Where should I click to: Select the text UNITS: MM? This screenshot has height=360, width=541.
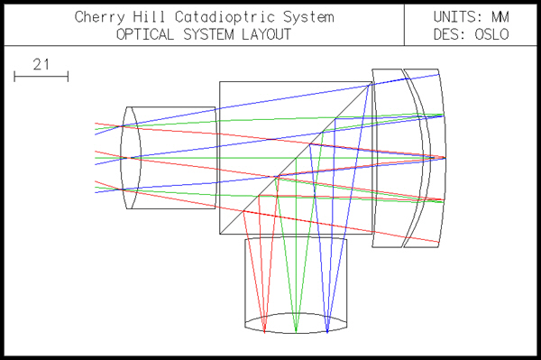coord(471,17)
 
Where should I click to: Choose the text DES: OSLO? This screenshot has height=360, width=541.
coord(471,35)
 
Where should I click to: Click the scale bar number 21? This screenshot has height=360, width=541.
coord(41,64)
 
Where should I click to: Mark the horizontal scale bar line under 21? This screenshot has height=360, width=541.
coord(41,78)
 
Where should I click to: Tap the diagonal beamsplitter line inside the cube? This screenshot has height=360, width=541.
coord(298,158)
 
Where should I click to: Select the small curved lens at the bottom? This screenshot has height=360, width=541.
coord(295,323)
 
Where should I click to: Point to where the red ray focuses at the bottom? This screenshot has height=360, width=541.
coord(264,330)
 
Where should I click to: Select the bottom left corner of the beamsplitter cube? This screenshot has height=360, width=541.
coord(220,233)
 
